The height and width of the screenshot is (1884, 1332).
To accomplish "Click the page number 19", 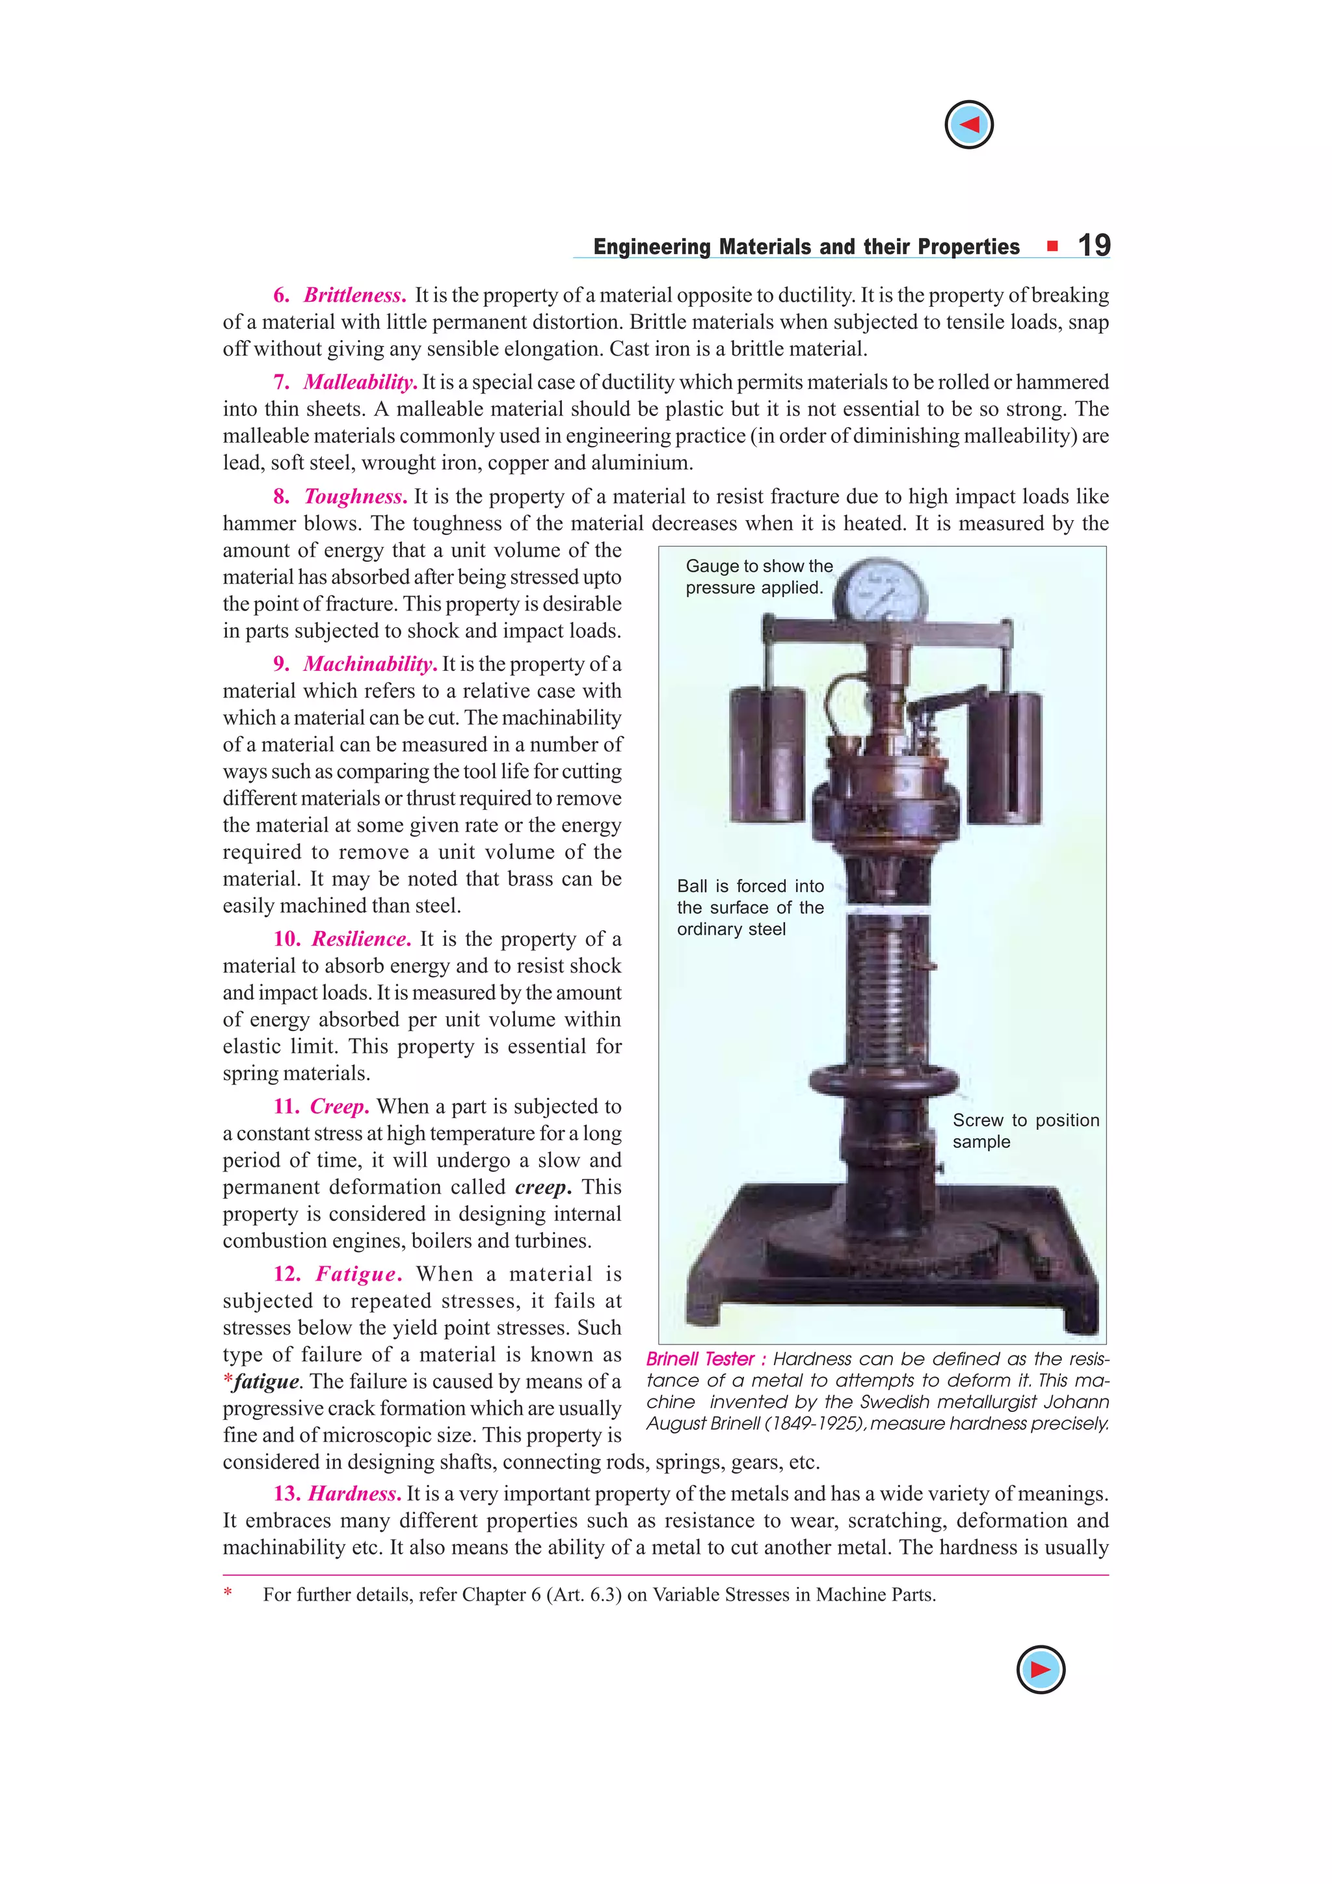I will [x=1093, y=245].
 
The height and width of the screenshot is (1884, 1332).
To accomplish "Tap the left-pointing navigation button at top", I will [x=968, y=125].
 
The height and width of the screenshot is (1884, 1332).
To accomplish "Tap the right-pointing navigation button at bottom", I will [x=1040, y=1669].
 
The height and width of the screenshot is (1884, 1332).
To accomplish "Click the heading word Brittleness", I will [x=354, y=295].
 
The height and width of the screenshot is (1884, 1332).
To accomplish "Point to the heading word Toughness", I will [x=355, y=497].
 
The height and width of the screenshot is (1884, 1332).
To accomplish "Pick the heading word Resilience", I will [x=361, y=939].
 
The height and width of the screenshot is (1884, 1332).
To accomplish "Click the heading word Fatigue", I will [x=358, y=1274].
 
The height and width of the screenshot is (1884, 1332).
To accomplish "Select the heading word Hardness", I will [x=354, y=1493].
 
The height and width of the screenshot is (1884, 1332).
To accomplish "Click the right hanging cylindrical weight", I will [x=1006, y=757].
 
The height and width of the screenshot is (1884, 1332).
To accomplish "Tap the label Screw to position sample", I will [x=1025, y=1131].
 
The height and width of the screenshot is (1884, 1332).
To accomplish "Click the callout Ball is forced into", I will [x=749, y=886].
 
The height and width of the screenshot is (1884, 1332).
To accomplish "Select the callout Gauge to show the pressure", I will [x=758, y=576].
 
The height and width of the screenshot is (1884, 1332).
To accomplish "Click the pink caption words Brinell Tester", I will [x=699, y=1359].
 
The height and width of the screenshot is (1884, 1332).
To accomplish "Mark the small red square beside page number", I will [x=1052, y=245].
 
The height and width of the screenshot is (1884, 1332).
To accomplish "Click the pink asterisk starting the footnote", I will [x=228, y=1593].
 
